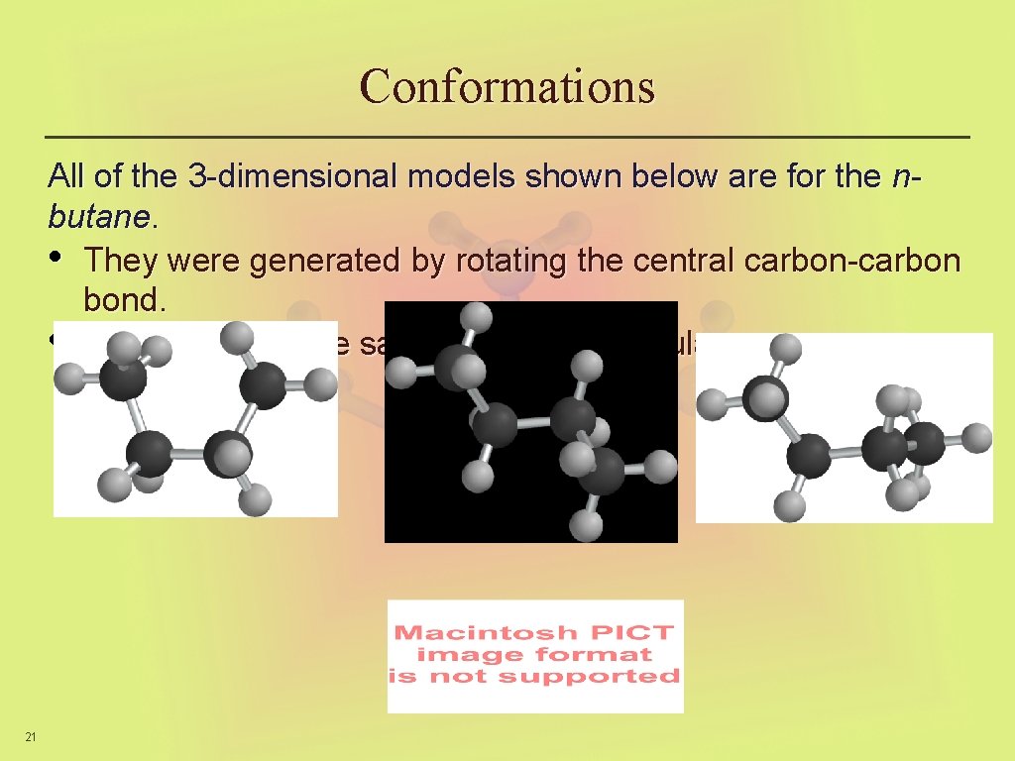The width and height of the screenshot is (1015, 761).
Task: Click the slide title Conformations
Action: pos(507,86)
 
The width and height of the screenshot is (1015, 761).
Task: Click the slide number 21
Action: pos(31,735)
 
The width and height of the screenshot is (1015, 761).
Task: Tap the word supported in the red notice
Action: pos(589,676)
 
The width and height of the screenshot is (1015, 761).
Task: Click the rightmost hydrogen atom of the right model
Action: pos(976,437)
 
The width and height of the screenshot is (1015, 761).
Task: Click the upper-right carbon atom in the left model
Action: pos(266,385)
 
